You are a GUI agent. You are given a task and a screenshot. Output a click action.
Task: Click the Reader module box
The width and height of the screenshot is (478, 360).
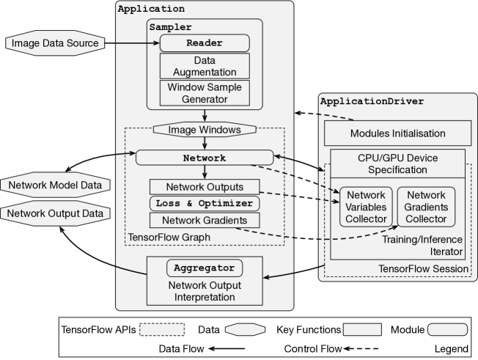(x=205, y=43)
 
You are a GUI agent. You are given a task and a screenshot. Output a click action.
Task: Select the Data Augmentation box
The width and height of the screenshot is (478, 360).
(x=205, y=66)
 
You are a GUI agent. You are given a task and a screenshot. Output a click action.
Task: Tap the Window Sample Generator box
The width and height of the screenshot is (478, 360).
(x=205, y=93)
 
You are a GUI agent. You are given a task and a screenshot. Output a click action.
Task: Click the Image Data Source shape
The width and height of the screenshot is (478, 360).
(x=55, y=43)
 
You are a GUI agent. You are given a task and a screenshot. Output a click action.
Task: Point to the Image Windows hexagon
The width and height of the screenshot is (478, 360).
(x=205, y=130)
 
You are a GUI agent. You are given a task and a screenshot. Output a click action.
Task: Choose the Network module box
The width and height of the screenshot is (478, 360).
(x=205, y=158)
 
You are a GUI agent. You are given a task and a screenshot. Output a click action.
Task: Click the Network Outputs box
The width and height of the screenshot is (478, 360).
(x=205, y=187)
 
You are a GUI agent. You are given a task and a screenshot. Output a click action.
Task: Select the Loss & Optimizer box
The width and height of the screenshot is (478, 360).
(x=205, y=203)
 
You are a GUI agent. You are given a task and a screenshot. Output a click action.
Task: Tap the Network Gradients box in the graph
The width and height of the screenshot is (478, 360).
(x=205, y=220)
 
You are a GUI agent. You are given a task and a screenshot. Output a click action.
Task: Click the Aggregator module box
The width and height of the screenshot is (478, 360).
(x=205, y=268)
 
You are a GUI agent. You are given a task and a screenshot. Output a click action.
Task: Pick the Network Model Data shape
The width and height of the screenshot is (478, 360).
(x=55, y=185)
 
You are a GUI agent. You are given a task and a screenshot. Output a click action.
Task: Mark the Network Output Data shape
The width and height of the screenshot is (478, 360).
(x=55, y=213)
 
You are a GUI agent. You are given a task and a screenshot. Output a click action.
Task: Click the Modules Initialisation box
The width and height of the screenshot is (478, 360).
(x=397, y=133)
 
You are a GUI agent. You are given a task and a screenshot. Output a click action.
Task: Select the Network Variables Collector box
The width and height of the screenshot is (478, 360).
(x=366, y=207)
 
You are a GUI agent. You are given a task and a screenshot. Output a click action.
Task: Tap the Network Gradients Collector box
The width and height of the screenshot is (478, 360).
(x=426, y=207)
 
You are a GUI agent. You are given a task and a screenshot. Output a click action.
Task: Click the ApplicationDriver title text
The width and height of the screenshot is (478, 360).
(x=372, y=101)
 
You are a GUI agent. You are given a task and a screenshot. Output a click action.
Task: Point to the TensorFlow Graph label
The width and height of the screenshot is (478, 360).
(x=169, y=237)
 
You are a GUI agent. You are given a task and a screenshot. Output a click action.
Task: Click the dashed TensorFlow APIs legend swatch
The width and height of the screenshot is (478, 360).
(x=162, y=329)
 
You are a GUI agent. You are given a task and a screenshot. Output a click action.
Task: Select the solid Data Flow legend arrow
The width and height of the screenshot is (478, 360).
(x=227, y=349)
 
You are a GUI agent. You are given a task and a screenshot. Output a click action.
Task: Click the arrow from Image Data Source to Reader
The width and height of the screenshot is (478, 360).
(x=132, y=43)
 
